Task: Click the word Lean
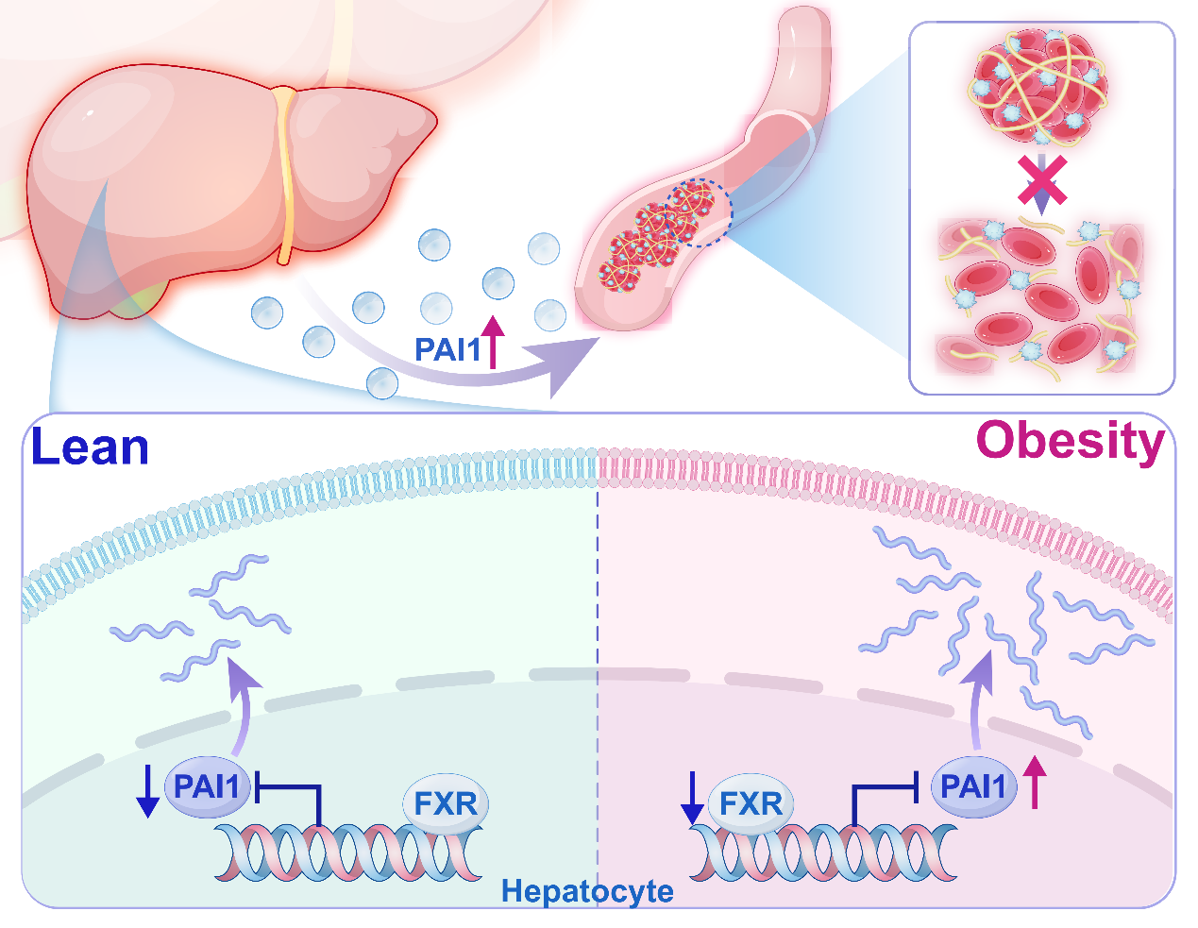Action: tap(91, 447)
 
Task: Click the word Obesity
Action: tap(1070, 441)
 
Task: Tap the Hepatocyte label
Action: tap(587, 890)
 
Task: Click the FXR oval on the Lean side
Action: tap(446, 803)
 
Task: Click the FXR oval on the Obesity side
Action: tap(751, 803)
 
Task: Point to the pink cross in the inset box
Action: tap(1041, 180)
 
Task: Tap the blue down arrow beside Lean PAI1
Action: tap(147, 792)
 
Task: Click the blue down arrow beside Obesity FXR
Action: tap(692, 798)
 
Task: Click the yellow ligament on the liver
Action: tap(285, 170)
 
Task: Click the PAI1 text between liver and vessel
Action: tap(448, 350)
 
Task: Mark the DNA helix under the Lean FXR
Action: tap(349, 852)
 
